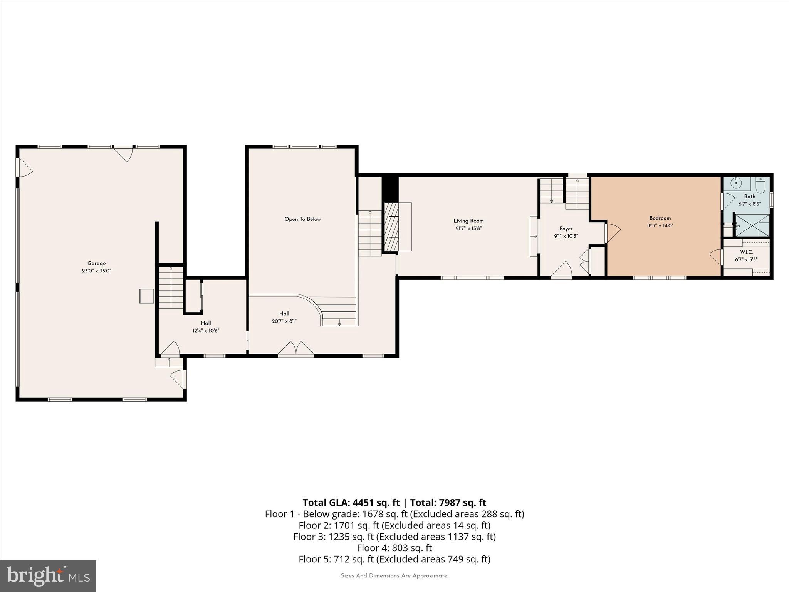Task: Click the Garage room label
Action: [x=96, y=264]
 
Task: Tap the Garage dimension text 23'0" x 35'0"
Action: [x=96, y=271]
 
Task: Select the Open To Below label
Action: [x=302, y=219]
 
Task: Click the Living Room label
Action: [x=468, y=221]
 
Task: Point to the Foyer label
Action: [x=566, y=229]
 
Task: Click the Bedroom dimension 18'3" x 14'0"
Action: [x=660, y=226]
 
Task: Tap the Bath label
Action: [x=749, y=197]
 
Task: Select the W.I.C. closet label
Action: [x=746, y=252]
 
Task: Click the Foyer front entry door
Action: [x=561, y=269]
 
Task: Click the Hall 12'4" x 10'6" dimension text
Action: [x=206, y=331]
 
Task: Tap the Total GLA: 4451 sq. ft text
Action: [x=351, y=503]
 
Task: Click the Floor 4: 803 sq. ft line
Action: [x=394, y=548]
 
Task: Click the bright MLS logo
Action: [x=48, y=576]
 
